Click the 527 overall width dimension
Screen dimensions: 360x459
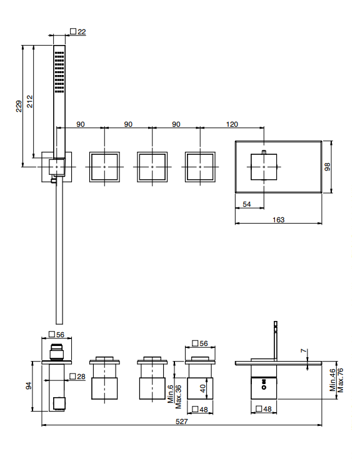(182, 422)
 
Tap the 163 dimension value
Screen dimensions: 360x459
(278, 220)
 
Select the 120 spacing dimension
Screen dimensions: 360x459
(232, 124)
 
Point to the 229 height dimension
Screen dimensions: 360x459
(19, 106)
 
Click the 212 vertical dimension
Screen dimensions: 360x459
(30, 101)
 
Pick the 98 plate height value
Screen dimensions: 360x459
(327, 167)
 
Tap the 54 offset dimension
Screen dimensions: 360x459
(247, 204)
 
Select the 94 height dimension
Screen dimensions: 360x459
(29, 386)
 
